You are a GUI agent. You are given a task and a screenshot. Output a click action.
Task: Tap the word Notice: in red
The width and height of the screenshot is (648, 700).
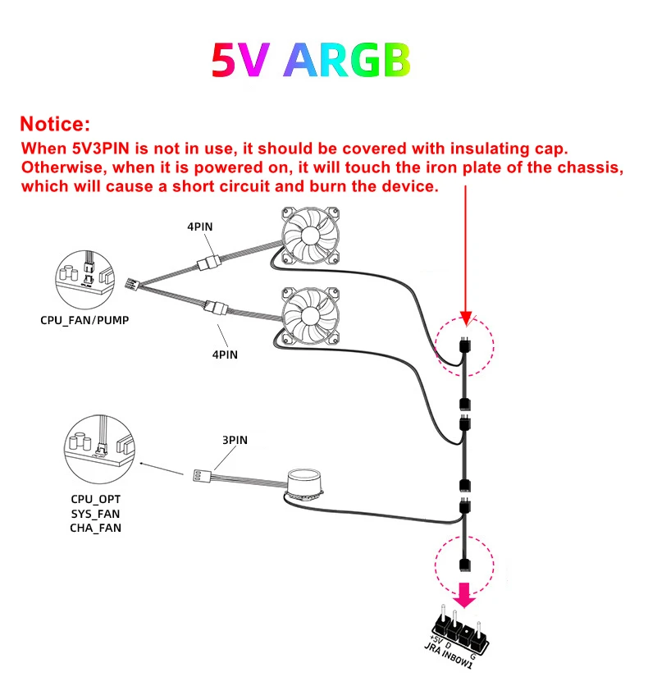pyautogui.click(x=54, y=125)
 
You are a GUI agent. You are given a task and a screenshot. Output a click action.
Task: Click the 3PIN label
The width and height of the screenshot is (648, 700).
pyautogui.click(x=235, y=440)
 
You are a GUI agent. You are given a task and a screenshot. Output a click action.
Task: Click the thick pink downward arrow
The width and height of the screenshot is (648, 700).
pyautogui.click(x=465, y=594)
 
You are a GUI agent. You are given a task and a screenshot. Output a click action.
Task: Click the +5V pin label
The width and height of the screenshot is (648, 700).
pyautogui.click(x=436, y=639)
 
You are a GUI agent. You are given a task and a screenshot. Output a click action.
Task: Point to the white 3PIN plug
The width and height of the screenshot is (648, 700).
pyautogui.click(x=199, y=475)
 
